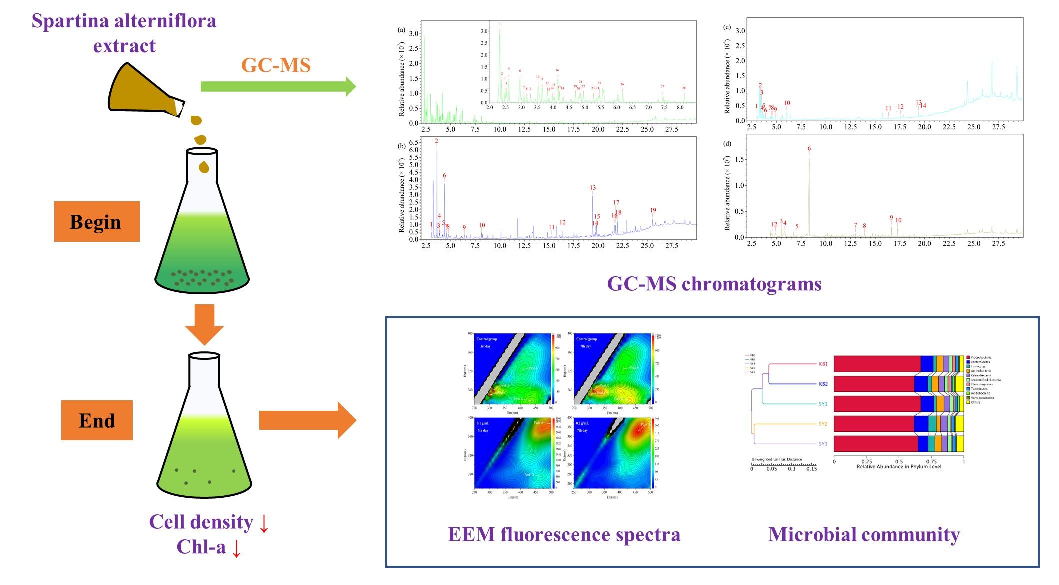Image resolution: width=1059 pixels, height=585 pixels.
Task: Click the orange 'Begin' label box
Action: tap(97, 221)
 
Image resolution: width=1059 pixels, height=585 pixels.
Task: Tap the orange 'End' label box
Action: tap(97, 420)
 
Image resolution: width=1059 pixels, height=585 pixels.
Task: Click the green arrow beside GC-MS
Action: tap(278, 86)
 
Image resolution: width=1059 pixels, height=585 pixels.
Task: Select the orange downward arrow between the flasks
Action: tap(204, 324)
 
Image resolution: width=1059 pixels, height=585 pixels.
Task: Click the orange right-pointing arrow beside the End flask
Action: tap(307, 420)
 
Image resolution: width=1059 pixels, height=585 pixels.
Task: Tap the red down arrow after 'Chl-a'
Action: tap(237, 548)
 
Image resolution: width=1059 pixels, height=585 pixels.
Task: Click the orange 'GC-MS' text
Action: tap(276, 65)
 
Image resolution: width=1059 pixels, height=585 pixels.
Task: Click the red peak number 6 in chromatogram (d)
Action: tap(809, 149)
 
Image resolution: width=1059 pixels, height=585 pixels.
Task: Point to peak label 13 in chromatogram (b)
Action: tap(593, 188)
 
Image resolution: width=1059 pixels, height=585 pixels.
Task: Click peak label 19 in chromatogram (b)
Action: tap(653, 211)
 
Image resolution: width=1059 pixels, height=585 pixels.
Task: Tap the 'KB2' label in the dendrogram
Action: tap(823, 384)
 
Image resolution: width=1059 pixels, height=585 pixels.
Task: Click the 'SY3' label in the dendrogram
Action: tap(823, 444)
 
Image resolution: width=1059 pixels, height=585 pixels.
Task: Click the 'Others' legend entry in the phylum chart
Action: tap(975, 402)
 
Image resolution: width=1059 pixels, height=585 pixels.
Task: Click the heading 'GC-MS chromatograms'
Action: tap(714, 284)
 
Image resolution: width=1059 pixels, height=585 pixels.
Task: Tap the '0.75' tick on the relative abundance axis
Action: tap(931, 462)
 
